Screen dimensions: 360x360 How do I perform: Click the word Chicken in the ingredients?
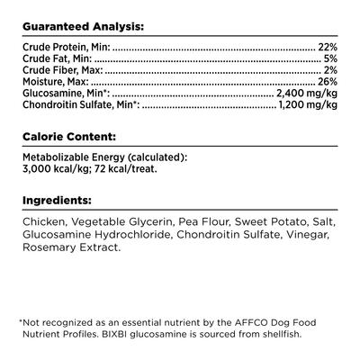pyautogui.click(x=42, y=221)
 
